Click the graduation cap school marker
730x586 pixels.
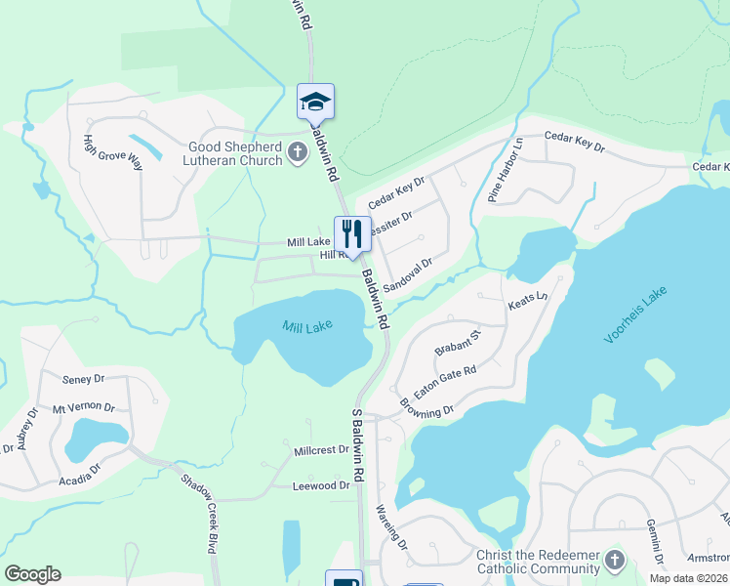315,102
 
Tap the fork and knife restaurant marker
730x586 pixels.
352,234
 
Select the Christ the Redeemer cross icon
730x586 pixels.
614,560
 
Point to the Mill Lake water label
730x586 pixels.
307,327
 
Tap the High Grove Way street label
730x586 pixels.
113,152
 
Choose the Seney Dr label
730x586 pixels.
83,379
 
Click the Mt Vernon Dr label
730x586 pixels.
84,408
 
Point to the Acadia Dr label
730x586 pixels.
81,468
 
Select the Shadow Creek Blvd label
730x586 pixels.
198,513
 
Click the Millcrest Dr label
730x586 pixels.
321,450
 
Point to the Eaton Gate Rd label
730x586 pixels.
445,381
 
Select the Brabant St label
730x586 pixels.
458,344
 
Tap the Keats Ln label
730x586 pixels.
529,303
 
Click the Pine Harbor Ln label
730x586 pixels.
506,169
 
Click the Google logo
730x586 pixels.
32,574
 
